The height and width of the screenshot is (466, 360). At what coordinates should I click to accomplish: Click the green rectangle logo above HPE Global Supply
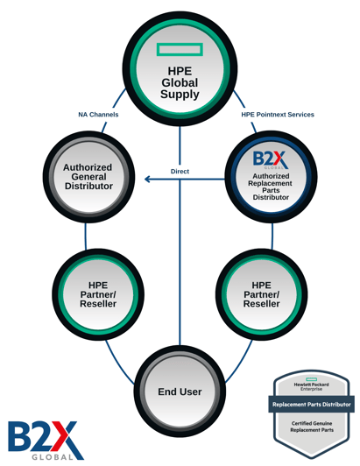pos(180,49)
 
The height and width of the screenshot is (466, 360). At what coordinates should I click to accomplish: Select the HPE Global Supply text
pos(180,82)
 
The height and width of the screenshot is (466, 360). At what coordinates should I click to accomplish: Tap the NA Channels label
pos(98,115)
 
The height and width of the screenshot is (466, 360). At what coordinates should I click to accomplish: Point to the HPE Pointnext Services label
pos(278,115)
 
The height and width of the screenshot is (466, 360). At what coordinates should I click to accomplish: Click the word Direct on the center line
pos(180,171)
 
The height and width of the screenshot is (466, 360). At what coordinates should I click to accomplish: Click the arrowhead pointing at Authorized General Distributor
pos(147,179)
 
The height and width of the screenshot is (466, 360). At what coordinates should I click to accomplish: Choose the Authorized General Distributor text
pos(88,177)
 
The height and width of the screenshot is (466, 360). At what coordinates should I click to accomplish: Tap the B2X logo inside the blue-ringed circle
pos(271,159)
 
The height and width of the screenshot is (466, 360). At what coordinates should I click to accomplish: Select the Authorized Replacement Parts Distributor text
pos(271,187)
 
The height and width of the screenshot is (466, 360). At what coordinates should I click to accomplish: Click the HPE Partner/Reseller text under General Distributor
pos(98,294)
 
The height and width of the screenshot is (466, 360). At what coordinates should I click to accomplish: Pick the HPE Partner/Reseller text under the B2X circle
pos(262,294)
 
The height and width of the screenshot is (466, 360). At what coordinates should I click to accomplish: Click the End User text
pos(180,392)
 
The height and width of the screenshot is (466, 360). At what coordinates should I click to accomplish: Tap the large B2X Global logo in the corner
pos(46,440)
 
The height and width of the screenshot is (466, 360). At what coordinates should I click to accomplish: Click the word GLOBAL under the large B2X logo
pos(53,457)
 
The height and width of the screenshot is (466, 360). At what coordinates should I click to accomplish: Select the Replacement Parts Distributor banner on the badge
pos(312,404)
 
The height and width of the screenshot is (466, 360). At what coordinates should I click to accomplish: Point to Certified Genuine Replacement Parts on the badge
pos(312,427)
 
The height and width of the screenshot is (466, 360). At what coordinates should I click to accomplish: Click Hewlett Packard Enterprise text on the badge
pos(311,386)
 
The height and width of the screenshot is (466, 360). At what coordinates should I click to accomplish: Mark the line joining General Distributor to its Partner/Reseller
pos(86,237)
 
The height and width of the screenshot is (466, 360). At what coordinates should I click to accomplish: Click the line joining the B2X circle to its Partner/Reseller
pos(272,237)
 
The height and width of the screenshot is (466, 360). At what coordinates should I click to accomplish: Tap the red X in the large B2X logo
pos(64,436)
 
